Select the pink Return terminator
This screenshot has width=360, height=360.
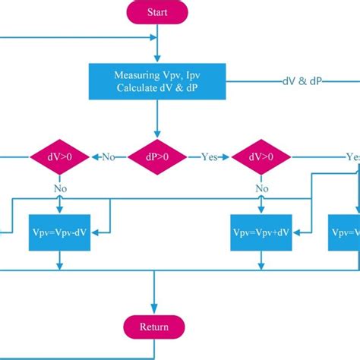pos(155,327)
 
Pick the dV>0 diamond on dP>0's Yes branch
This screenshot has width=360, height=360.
pos(261,157)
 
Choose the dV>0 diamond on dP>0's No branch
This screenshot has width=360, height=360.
pos(59,157)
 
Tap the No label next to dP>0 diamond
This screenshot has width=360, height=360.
pos(108,157)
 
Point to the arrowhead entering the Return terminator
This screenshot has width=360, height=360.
pos(155,308)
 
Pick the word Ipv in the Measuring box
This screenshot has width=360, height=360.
pos(183,75)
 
